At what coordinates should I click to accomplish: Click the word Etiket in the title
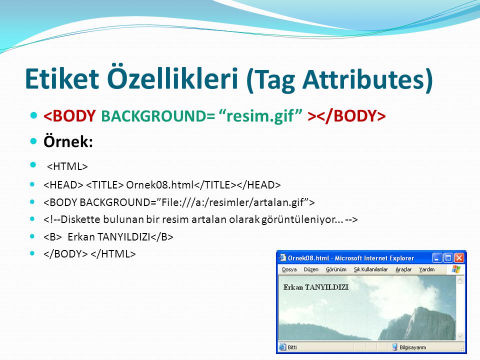click(x=62, y=78)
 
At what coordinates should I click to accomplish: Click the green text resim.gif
click(x=261, y=116)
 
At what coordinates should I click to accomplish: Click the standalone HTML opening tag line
click(x=67, y=166)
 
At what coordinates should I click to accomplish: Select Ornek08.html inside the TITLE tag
click(x=160, y=185)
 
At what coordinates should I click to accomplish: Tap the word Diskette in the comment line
click(x=76, y=219)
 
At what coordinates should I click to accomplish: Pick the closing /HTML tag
click(x=113, y=254)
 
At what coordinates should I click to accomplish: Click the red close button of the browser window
click(x=459, y=258)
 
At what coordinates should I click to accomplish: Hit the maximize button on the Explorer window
click(x=448, y=258)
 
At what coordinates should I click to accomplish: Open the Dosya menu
click(x=289, y=269)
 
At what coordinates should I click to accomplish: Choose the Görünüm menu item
click(x=336, y=269)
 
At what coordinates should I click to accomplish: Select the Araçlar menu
click(x=403, y=269)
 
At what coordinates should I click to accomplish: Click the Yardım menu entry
click(x=426, y=269)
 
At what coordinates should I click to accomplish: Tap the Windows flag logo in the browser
click(x=456, y=269)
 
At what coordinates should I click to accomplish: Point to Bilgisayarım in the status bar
click(x=412, y=347)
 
